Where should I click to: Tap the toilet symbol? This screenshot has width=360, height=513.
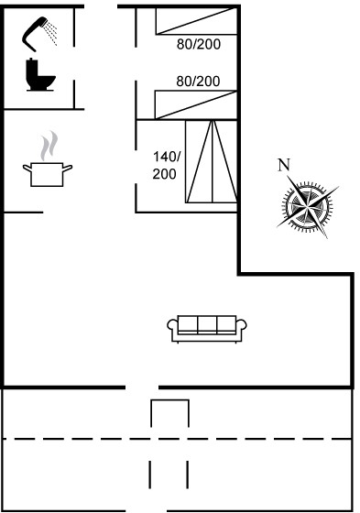[39, 74]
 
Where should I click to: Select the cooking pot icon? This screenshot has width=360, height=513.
[48, 174]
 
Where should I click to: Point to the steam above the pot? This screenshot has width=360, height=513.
[49, 146]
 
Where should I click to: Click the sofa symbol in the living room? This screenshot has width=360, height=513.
[207, 329]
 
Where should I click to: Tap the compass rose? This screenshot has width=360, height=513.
[308, 206]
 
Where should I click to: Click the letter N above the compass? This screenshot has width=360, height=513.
[284, 165]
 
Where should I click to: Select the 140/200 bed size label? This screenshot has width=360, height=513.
[166, 166]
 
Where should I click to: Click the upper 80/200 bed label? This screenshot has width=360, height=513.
[199, 44]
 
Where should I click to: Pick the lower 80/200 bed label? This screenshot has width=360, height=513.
[198, 82]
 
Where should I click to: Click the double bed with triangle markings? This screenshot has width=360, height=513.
[211, 161]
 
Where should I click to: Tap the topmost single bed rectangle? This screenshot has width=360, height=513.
[196, 21]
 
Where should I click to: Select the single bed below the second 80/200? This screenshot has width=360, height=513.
[196, 104]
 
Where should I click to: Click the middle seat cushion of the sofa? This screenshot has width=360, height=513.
[207, 324]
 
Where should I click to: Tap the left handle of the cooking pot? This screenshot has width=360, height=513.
[27, 169]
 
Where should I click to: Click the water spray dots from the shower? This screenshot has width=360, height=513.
[51, 33]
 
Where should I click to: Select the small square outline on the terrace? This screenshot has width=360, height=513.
[169, 413]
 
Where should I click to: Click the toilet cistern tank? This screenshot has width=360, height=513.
[31, 69]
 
